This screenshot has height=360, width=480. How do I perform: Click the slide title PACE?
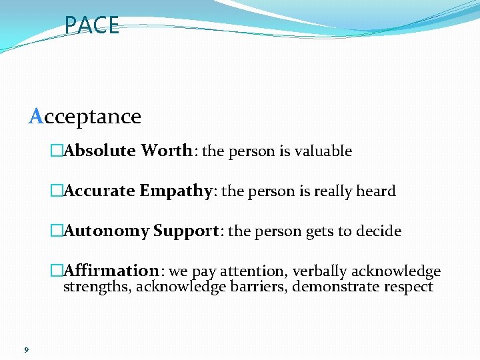tap(92, 25)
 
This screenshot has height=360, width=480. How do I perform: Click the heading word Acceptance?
tap(85, 117)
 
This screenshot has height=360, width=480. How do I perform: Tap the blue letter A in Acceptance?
tap(36, 117)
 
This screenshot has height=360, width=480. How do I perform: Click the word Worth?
tap(166, 151)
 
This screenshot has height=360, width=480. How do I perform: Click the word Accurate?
tap(99, 191)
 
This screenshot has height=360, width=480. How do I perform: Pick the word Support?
tap(186, 231)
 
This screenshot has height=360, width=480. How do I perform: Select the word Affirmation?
tap(111, 271)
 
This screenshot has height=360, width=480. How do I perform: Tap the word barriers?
tap(257, 287)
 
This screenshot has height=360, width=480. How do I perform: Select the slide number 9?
tap(25, 349)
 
